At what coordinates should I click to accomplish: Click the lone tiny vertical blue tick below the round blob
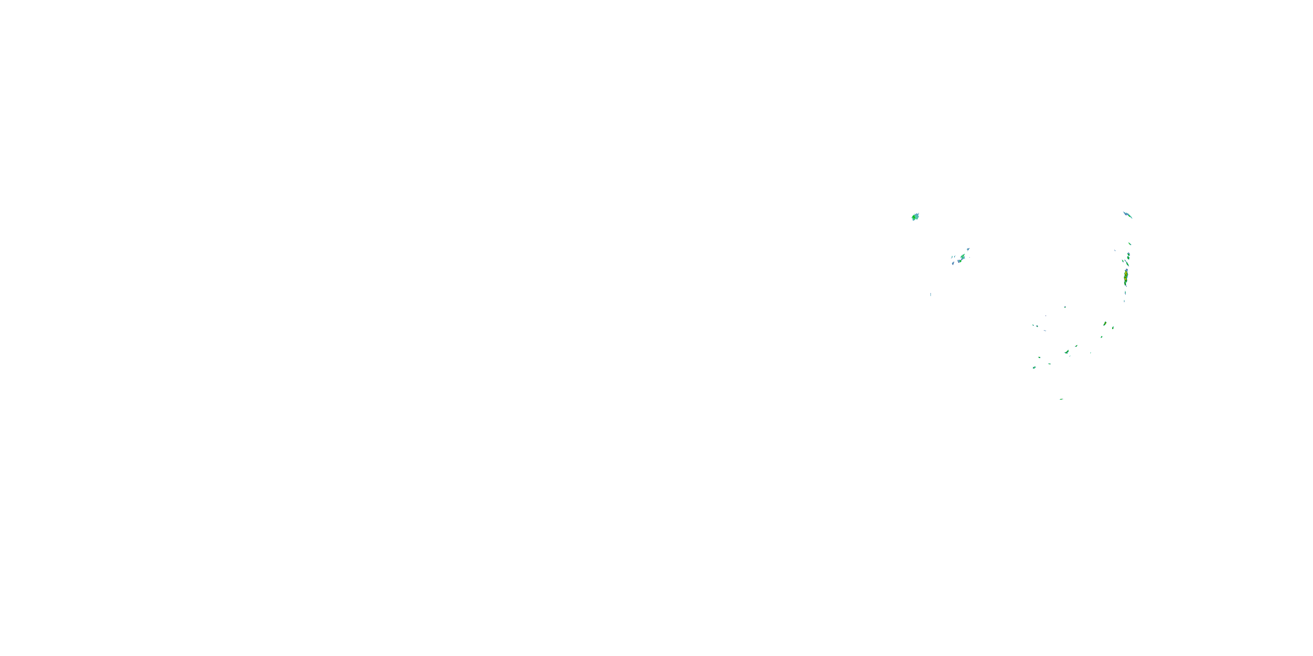tap(931, 294)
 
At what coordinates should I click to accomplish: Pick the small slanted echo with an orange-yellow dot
tap(1105, 324)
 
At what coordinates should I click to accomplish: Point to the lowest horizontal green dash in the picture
tap(1061, 399)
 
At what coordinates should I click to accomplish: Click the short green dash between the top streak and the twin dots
tap(1130, 244)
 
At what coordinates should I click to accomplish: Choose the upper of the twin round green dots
tap(1128, 254)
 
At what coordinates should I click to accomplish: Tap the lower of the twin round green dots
tap(1128, 258)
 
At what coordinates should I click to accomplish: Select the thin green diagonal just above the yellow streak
tap(1127, 264)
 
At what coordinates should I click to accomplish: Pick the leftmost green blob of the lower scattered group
tap(1034, 367)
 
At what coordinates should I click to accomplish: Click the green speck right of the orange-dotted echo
tap(1113, 328)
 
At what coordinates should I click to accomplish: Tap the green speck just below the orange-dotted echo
tap(1102, 337)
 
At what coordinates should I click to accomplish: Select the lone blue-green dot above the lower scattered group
tap(1065, 307)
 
